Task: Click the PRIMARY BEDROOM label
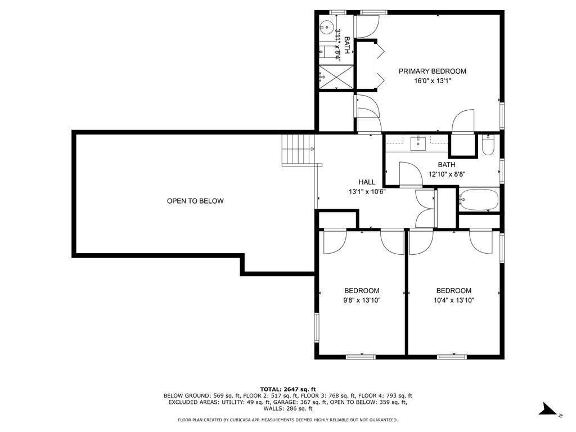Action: point(432,71)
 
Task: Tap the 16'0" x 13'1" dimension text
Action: point(432,81)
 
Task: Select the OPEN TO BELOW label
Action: point(195,201)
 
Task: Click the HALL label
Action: point(367,182)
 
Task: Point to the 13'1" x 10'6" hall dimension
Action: point(367,192)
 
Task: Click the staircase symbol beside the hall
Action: point(296,150)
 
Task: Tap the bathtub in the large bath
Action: point(478,199)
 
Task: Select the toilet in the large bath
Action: point(488,146)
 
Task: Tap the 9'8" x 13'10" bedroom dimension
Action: point(362,300)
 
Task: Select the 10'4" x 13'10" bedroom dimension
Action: point(454,300)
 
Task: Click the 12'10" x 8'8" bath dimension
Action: point(447,174)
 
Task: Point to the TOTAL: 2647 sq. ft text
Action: point(287,389)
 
